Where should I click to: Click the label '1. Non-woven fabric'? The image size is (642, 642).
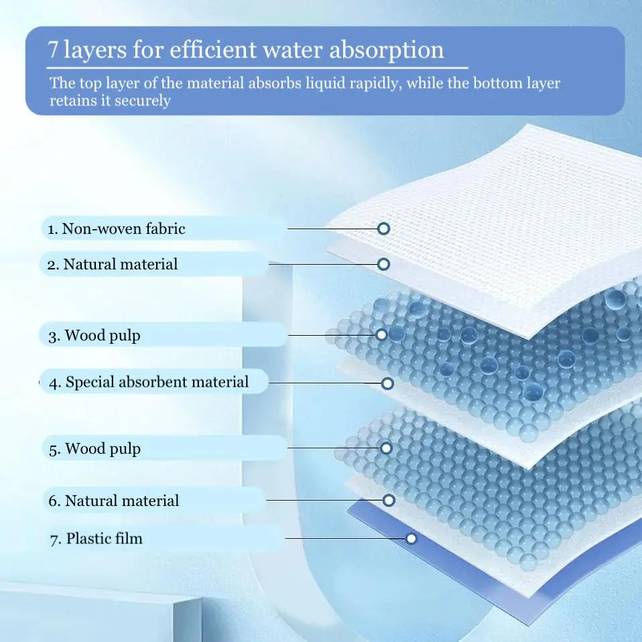(x=116, y=229)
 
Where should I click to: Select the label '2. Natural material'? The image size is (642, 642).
(x=113, y=265)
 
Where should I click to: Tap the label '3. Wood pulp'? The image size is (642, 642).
(x=94, y=336)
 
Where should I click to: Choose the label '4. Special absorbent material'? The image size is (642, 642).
(x=149, y=383)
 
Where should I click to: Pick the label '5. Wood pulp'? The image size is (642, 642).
(x=94, y=448)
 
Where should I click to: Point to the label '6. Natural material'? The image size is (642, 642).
(x=114, y=501)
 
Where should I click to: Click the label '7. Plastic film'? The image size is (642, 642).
(x=96, y=539)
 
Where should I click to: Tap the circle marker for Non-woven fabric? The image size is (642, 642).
(x=384, y=229)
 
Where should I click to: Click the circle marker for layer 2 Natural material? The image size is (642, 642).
(x=384, y=264)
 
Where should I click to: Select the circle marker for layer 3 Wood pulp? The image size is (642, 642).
(x=381, y=334)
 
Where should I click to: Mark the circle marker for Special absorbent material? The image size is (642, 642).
(x=387, y=383)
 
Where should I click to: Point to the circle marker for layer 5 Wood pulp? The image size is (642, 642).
(x=386, y=448)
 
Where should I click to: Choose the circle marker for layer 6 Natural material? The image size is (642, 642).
(x=389, y=500)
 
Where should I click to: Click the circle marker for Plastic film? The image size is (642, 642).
(x=411, y=538)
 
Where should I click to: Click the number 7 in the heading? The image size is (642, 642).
(x=53, y=50)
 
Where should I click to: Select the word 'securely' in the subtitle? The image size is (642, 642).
(x=143, y=101)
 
